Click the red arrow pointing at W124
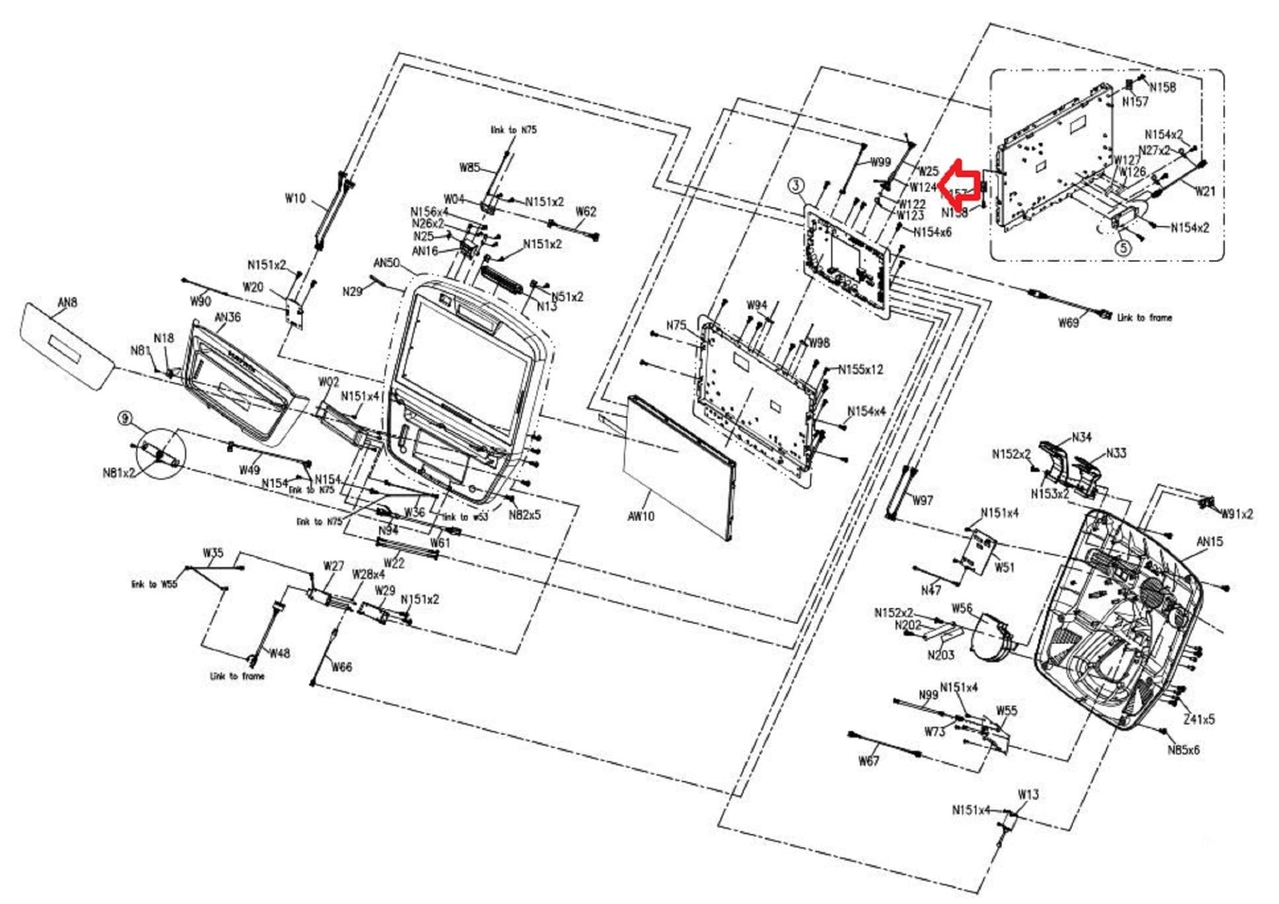960,184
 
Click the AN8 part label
67,303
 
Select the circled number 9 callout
126,418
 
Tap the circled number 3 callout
796,185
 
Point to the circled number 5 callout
1123,248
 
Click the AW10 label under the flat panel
641,516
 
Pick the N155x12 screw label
861,369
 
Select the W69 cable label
1068,323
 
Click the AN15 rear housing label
1209,541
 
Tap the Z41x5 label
1199,719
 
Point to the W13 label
1028,795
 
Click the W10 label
295,199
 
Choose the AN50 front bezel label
387,263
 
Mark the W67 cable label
869,761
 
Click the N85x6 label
1183,750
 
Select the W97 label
922,500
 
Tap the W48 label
280,653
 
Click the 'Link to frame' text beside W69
1145,318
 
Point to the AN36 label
228,317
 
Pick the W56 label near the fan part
962,608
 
